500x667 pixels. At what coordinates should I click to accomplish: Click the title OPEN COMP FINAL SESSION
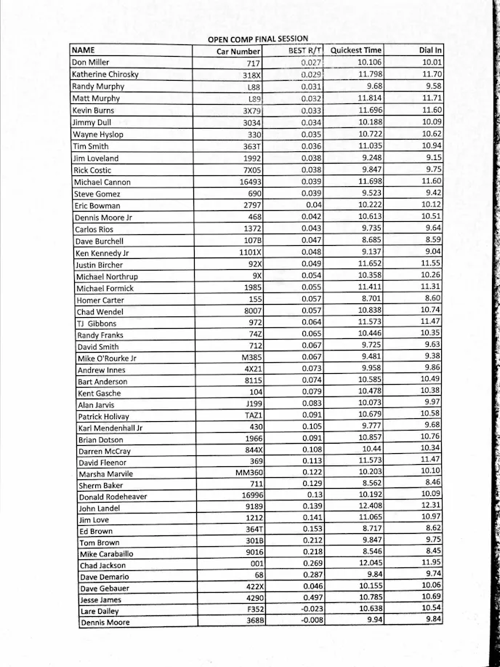pos(258,39)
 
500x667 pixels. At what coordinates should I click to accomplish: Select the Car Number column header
pos(238,52)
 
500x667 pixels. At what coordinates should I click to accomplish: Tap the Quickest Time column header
pos(355,51)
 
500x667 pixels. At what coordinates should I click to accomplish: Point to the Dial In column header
pos(431,51)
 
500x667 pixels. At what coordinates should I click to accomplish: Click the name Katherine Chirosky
pos(105,74)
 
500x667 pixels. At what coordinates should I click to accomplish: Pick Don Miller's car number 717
pos(254,63)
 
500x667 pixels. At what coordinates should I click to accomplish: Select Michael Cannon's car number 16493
pos(247,182)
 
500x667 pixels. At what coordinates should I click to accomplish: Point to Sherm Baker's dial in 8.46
pos(432,482)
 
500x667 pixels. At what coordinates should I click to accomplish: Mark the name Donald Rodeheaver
pos(113,497)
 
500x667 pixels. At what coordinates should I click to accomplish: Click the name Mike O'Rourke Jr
pos(107,359)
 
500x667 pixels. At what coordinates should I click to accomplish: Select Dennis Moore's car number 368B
pos(249,621)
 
